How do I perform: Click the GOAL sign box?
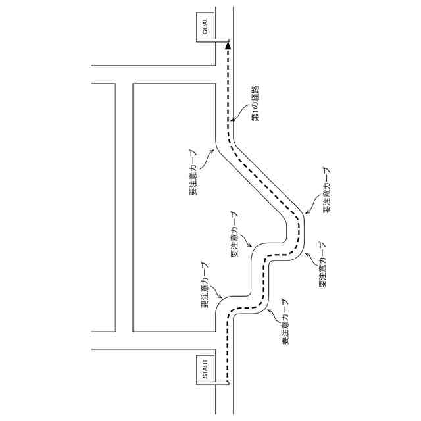205,26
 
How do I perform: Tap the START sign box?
205,369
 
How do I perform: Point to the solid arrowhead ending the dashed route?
228,45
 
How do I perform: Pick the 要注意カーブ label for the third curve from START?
235,234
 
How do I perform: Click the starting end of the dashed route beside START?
228,382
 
